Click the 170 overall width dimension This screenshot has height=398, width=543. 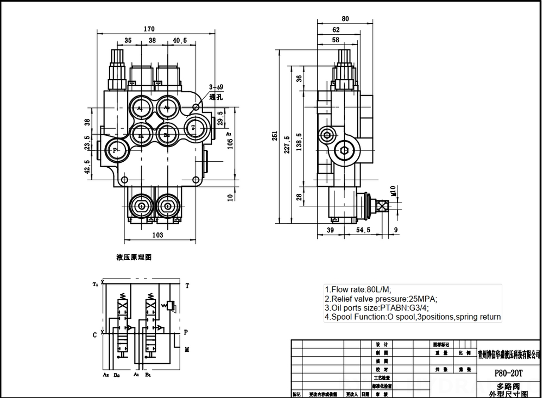(149, 29)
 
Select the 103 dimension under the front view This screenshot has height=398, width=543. (157, 235)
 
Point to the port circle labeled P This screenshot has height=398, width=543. (116, 149)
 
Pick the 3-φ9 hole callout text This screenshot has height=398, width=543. (216, 87)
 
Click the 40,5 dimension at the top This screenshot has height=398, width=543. (180, 40)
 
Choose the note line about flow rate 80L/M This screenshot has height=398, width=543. (358, 289)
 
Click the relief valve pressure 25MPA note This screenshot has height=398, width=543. (381, 299)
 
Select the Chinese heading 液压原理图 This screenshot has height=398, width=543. (134, 257)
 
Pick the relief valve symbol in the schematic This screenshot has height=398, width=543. (171, 307)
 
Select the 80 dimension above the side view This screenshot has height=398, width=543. (345, 18)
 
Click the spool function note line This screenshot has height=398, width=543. (412, 317)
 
